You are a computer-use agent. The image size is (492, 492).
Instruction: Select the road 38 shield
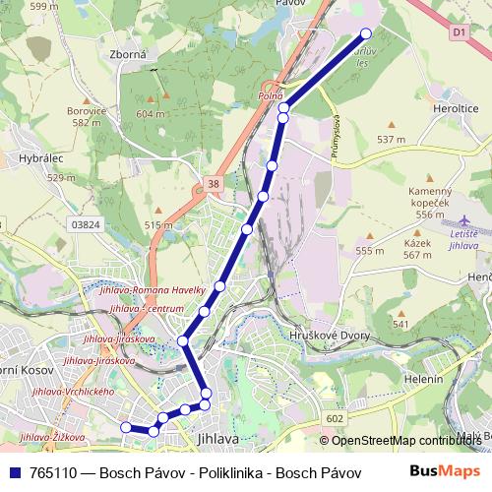click(x=213, y=184)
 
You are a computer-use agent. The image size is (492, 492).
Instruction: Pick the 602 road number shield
click(x=335, y=419)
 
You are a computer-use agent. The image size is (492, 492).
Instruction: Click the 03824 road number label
click(x=87, y=224)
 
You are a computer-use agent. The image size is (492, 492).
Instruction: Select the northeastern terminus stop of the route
click(x=367, y=33)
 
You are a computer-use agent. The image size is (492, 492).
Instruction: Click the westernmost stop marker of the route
click(x=125, y=427)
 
